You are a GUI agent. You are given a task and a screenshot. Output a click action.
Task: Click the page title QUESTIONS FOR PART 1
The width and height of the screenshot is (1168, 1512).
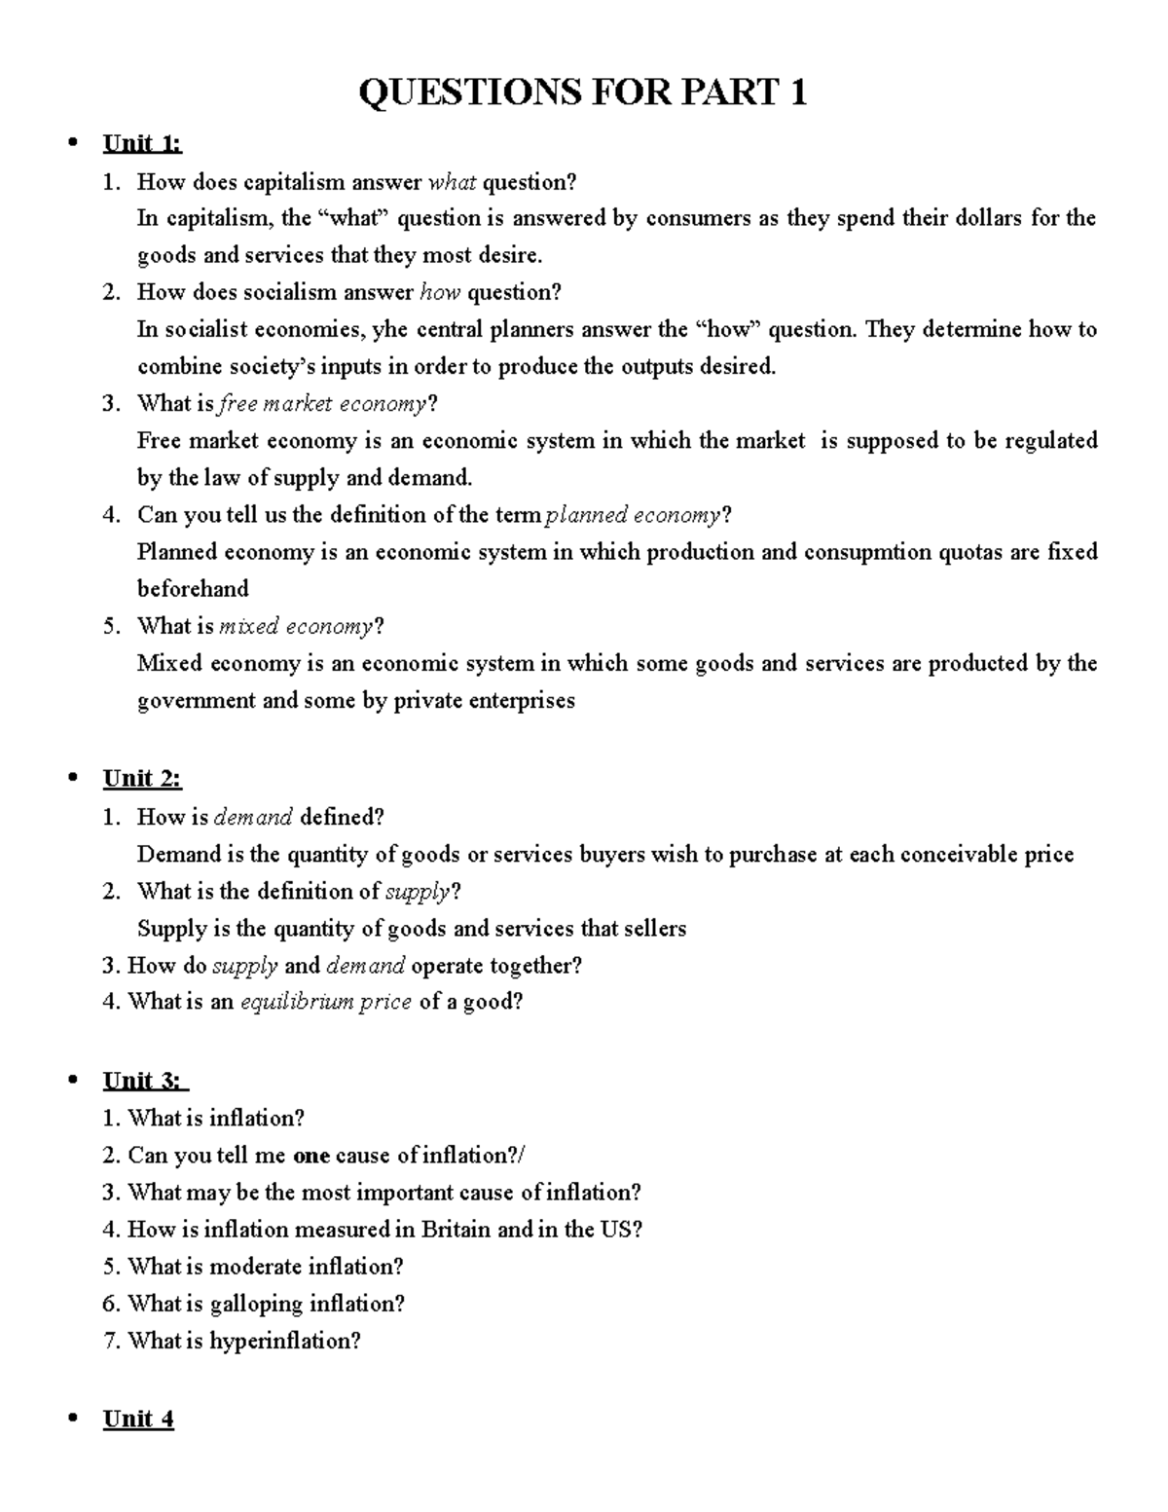click(x=582, y=93)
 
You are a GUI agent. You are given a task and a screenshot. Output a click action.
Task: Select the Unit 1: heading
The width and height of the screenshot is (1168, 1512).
click(x=142, y=144)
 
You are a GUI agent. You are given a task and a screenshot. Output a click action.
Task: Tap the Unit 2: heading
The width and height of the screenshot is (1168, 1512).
click(x=142, y=778)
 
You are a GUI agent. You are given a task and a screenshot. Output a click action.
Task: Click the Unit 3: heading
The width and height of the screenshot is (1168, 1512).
click(x=144, y=1080)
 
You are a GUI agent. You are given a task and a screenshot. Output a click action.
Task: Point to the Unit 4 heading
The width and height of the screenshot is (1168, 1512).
click(x=138, y=1419)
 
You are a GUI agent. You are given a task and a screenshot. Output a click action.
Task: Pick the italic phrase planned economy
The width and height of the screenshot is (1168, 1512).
click(x=635, y=514)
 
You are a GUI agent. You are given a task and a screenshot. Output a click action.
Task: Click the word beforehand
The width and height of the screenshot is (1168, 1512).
click(x=193, y=589)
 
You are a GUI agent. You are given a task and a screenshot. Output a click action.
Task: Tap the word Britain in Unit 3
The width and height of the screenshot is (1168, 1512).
click(x=456, y=1230)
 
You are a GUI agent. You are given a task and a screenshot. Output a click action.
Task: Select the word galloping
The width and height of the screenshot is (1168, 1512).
click(x=258, y=1304)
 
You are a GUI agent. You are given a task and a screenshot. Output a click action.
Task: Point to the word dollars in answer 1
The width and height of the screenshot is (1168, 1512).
click(x=984, y=218)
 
